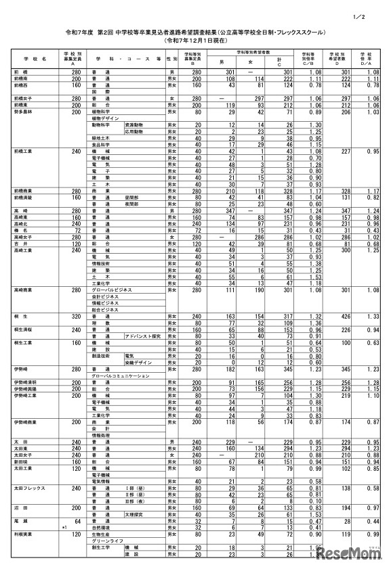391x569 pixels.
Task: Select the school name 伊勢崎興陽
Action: coord(25,388)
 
